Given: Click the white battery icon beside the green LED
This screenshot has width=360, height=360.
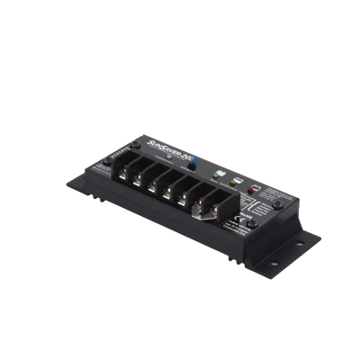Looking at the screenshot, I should click(209, 165).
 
